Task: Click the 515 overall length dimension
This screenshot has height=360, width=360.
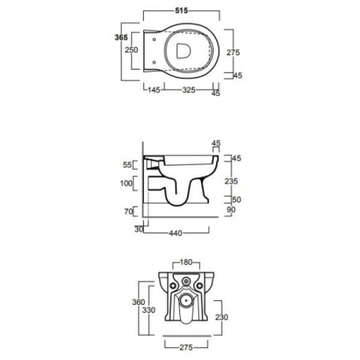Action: pos(182,10)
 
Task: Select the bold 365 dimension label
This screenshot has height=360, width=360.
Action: pos(122,38)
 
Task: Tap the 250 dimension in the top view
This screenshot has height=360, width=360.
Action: pos(131,50)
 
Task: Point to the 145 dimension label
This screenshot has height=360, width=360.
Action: pos(154,90)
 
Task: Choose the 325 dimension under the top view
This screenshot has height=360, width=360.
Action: pos(189,90)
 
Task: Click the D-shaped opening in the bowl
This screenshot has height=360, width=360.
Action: pos(183,50)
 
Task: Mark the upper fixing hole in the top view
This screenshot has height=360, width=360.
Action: pos(154,40)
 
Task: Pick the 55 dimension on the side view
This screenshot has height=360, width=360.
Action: pos(127,165)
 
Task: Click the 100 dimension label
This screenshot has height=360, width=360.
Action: pos(126,183)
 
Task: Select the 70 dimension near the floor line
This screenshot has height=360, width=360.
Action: pos(129,211)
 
